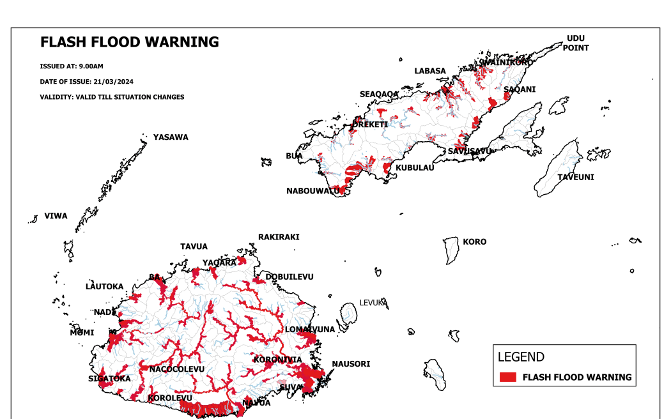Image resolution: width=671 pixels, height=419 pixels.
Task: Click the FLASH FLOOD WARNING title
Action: tap(129, 43)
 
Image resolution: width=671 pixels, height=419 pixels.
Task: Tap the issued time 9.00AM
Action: tap(90, 66)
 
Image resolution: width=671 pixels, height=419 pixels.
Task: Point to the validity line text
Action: tap(112, 97)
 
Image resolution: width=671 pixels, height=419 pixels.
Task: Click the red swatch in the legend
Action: tap(507, 377)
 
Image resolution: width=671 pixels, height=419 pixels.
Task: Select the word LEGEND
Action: tap(521, 357)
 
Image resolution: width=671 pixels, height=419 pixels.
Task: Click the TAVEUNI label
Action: tap(575, 177)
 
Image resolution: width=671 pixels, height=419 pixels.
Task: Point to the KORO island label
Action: tap(475, 241)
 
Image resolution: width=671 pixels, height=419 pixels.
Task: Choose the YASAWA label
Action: tap(171, 137)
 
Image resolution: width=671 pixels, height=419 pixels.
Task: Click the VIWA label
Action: tap(56, 216)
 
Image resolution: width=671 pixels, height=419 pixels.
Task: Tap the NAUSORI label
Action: tap(351, 364)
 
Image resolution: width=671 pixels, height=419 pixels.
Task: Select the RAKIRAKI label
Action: tap(279, 237)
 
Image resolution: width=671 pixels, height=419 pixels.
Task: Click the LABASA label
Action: tap(430, 71)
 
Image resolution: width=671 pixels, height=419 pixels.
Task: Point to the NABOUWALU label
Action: tap(312, 191)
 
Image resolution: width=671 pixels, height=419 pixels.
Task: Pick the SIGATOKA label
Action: tap(109, 379)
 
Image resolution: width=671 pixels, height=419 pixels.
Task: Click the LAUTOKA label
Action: tap(104, 287)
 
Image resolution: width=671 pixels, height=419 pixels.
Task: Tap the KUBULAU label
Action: tap(415, 168)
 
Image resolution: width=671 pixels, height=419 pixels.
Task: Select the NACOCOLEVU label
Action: tap(177, 369)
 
